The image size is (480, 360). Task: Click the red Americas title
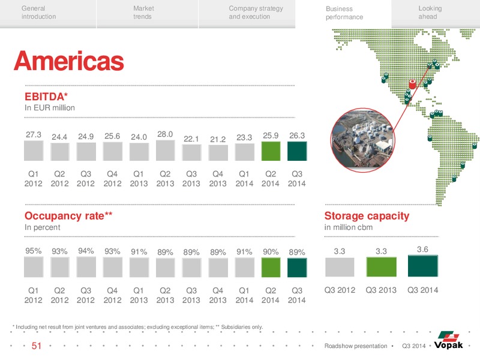pos(69,61)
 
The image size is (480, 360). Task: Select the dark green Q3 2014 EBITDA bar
pos(297,151)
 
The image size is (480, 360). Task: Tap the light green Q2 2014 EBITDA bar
pos(271,151)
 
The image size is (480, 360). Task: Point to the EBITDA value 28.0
pos(165,134)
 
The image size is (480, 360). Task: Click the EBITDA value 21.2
pos(218,139)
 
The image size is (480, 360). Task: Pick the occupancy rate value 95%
pos(34,251)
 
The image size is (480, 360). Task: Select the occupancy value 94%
pos(86,251)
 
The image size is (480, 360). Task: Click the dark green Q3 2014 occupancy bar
pos(297,268)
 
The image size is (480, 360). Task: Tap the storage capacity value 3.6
pos(422,249)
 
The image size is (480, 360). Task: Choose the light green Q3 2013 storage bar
pos(382,267)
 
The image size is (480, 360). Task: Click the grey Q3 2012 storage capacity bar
pos(340,267)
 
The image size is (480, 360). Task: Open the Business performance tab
pos(344,13)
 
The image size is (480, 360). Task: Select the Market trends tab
pos(143,13)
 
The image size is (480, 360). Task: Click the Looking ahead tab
pos(430,13)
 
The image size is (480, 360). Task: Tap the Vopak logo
pos(448,340)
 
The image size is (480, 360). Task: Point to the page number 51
pos(37,346)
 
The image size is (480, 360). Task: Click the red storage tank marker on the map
pos(412,84)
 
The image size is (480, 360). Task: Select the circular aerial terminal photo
pos(363,140)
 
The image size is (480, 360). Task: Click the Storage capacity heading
pos(367,216)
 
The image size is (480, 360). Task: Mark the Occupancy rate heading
pos(68,216)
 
